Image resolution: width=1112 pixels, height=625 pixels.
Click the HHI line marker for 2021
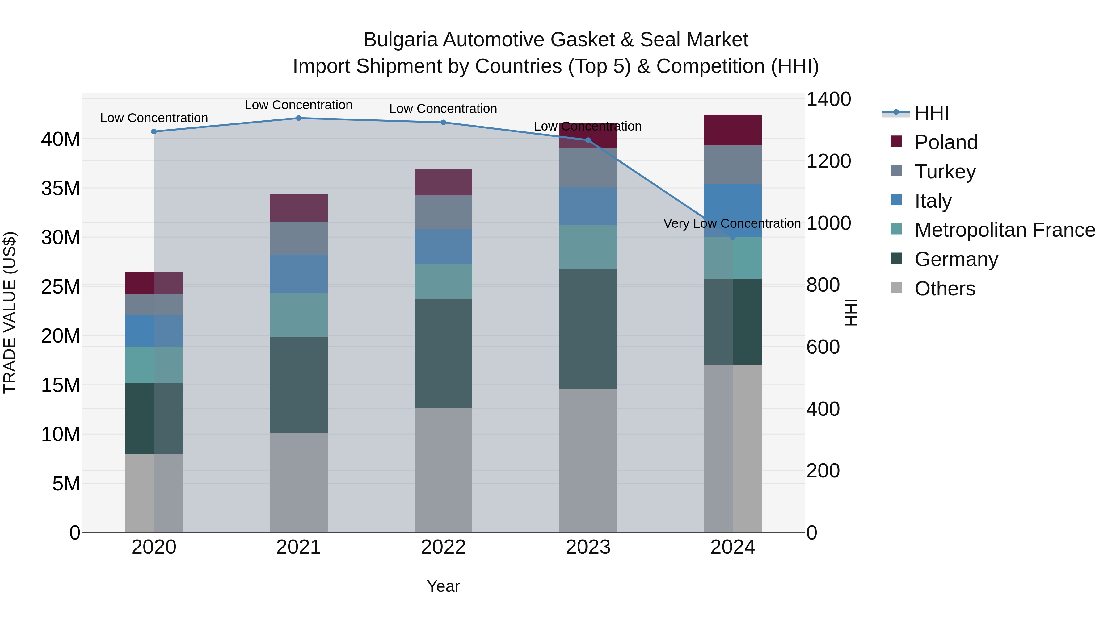coord(298,118)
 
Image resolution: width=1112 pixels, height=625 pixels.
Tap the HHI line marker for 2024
coord(733,237)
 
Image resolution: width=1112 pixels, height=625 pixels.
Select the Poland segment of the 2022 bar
coord(443,182)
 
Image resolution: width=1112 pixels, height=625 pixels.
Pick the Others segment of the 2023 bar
coord(588,460)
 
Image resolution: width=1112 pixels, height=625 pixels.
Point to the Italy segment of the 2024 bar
coord(733,210)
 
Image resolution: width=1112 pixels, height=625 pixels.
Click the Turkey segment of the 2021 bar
coord(298,238)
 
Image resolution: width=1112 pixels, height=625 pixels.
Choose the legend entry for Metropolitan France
coord(1004,230)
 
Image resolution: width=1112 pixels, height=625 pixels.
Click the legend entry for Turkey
coord(945,171)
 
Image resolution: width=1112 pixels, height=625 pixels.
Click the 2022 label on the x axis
coord(443,547)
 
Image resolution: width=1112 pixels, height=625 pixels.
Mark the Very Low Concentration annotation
coord(732,223)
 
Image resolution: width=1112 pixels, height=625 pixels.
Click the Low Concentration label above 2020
coord(154,118)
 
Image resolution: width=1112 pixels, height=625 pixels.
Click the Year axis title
coord(443,586)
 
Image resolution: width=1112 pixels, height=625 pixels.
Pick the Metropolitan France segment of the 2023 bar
coord(588,247)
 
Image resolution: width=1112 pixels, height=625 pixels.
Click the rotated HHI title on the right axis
coord(851,312)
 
